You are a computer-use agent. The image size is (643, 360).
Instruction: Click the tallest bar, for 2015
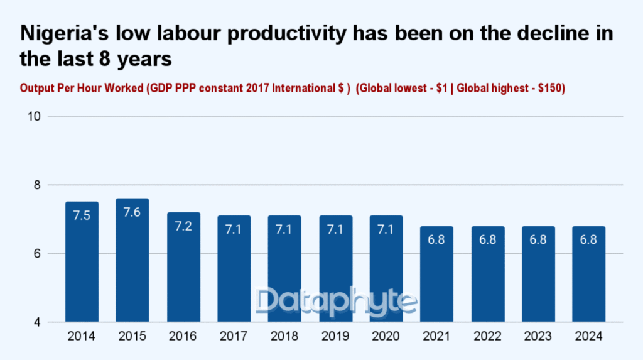coord(132,264)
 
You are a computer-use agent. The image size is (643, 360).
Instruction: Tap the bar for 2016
coord(183,270)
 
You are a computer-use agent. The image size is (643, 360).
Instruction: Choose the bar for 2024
coord(588,276)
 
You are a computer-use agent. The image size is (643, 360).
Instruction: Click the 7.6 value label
coord(132,213)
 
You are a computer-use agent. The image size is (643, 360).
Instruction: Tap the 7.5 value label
coord(82,216)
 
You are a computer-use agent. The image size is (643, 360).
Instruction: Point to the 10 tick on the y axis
coord(35,116)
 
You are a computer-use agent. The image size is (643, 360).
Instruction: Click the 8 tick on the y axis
coord(37,185)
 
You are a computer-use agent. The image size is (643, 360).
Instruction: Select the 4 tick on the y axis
coord(37,322)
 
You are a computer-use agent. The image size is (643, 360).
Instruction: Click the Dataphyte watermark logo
coord(337,302)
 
